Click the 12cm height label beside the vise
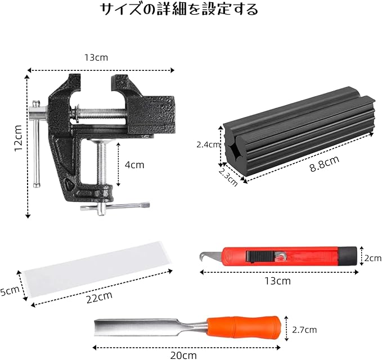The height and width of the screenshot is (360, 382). [x=18, y=138]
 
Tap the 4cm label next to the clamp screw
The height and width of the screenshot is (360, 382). [x=134, y=165]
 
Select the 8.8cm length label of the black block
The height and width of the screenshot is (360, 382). [x=324, y=164]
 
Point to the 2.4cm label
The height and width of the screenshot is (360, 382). [x=208, y=145]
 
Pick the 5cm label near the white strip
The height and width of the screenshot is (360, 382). [x=10, y=291]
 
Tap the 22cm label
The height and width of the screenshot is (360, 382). [x=100, y=298]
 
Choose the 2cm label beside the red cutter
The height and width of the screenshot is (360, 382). [x=373, y=258]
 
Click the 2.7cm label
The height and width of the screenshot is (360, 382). [x=304, y=330]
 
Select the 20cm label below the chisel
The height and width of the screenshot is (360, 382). [x=183, y=355]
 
